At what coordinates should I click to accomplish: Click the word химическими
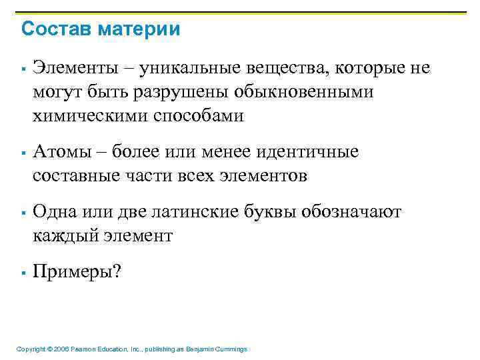coord(83,116)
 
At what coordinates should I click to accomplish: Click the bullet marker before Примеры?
coord(23,273)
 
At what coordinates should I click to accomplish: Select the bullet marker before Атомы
coord(23,153)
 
